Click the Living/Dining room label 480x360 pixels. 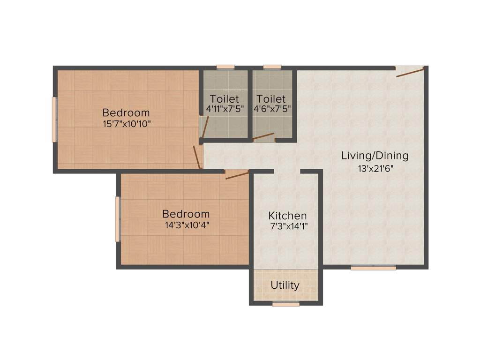pyautogui.click(x=375, y=155)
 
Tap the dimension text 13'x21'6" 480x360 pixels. pyautogui.click(x=375, y=168)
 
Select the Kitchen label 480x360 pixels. pyautogui.click(x=287, y=216)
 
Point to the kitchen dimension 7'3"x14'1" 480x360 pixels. pyautogui.click(x=287, y=226)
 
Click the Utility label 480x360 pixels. pyautogui.click(x=285, y=285)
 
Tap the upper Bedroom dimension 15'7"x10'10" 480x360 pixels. pyautogui.click(x=126, y=124)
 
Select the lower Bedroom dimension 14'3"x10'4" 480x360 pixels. pyautogui.click(x=186, y=225)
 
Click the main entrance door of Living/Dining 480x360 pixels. pyautogui.click(x=410, y=72)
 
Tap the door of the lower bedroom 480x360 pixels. pyautogui.click(x=237, y=175)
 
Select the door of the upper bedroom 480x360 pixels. pyautogui.click(x=197, y=157)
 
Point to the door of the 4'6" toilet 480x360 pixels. pyautogui.click(x=263, y=137)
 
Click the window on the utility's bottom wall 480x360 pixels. pyautogui.click(x=286, y=304)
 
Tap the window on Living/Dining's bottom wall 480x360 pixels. pyautogui.click(x=373, y=268)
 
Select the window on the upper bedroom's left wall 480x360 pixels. pyautogui.click(x=54, y=120)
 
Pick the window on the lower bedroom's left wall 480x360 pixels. pyautogui.click(x=118, y=219)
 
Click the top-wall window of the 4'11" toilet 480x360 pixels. pyautogui.click(x=225, y=67)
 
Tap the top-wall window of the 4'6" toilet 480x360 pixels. pyautogui.click(x=272, y=67)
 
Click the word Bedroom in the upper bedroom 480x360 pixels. pyautogui.click(x=126, y=112)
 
